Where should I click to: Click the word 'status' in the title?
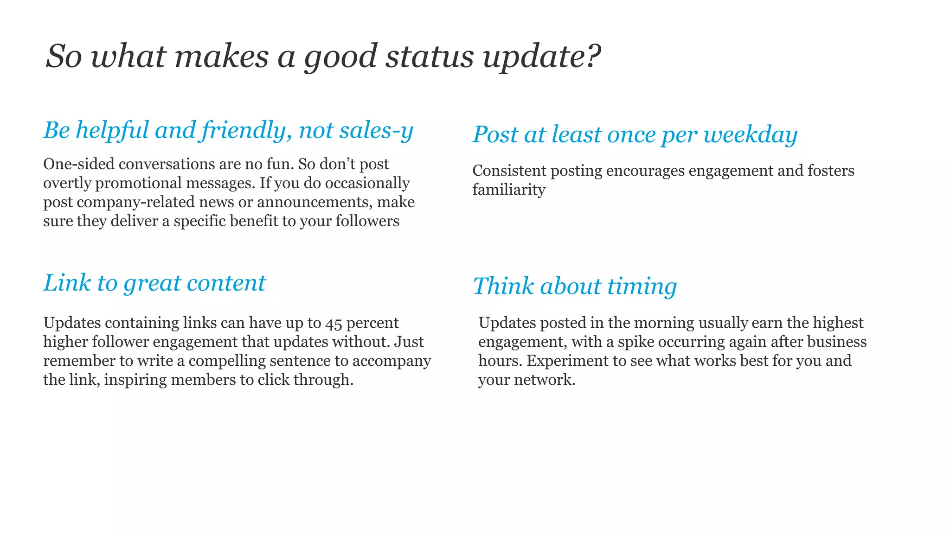point(430,57)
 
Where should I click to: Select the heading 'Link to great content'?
point(154,283)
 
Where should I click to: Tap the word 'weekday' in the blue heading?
point(750,135)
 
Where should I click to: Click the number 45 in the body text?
point(334,323)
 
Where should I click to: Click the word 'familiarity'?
point(508,190)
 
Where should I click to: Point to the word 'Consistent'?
point(509,171)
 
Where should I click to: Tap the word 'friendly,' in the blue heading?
point(246,131)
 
